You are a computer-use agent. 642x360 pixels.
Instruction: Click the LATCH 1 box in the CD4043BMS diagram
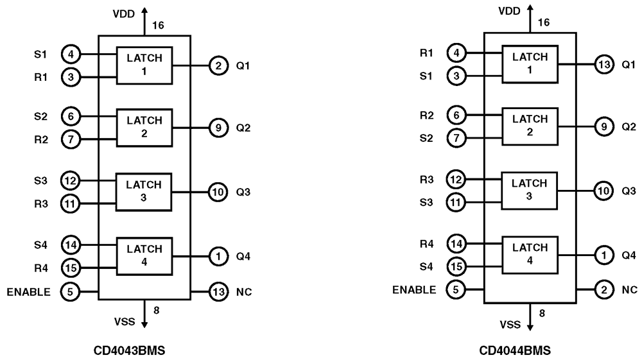point(144,64)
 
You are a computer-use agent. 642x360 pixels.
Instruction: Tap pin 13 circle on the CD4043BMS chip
point(219,293)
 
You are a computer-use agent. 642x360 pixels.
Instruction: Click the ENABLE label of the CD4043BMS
point(29,293)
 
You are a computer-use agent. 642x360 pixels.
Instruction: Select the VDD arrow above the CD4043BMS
point(144,19)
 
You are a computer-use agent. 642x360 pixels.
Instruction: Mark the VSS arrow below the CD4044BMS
point(530,318)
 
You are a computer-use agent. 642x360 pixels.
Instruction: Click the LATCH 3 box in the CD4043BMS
point(144,191)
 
